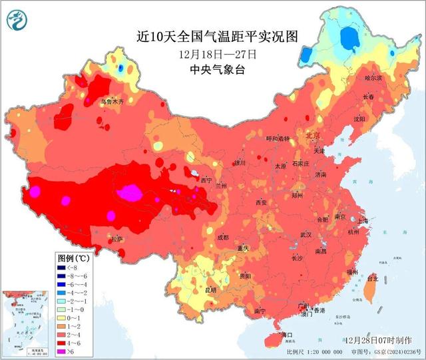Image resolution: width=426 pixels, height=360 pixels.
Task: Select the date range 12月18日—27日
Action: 217,54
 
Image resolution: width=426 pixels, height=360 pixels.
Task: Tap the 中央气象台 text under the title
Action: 217,69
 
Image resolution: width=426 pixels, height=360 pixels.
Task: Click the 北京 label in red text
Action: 312,136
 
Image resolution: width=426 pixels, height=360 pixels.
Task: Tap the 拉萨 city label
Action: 117,239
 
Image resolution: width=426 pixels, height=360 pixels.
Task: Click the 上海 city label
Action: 362,221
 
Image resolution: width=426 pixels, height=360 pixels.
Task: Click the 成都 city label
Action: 222,238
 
